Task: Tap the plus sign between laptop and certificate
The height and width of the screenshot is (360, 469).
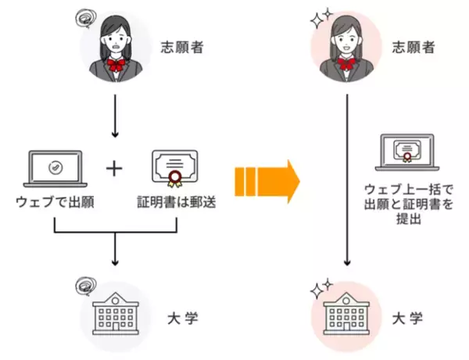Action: coord(114,169)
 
